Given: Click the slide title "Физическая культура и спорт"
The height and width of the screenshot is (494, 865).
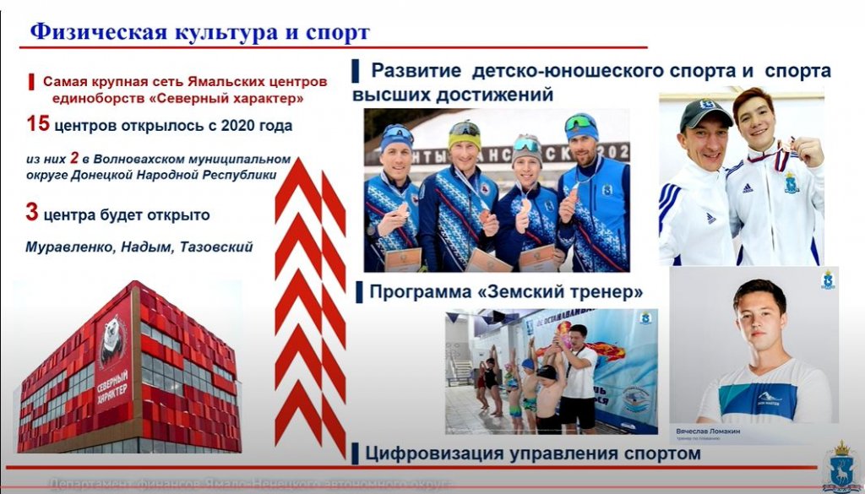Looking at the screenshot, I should pyautogui.click(x=199, y=33).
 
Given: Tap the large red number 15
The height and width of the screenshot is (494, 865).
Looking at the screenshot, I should pyautogui.click(x=37, y=125).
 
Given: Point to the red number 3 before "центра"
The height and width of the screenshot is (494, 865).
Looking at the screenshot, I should pyautogui.click(x=31, y=213).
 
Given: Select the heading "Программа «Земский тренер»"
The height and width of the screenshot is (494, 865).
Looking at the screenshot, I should pyautogui.click(x=506, y=292).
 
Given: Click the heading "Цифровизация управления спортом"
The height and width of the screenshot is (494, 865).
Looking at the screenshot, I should pyautogui.click(x=532, y=453).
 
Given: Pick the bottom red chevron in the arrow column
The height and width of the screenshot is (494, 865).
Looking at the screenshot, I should pyautogui.click(x=309, y=414).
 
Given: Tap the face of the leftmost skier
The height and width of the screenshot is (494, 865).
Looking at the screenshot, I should pyautogui.click(x=395, y=157).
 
